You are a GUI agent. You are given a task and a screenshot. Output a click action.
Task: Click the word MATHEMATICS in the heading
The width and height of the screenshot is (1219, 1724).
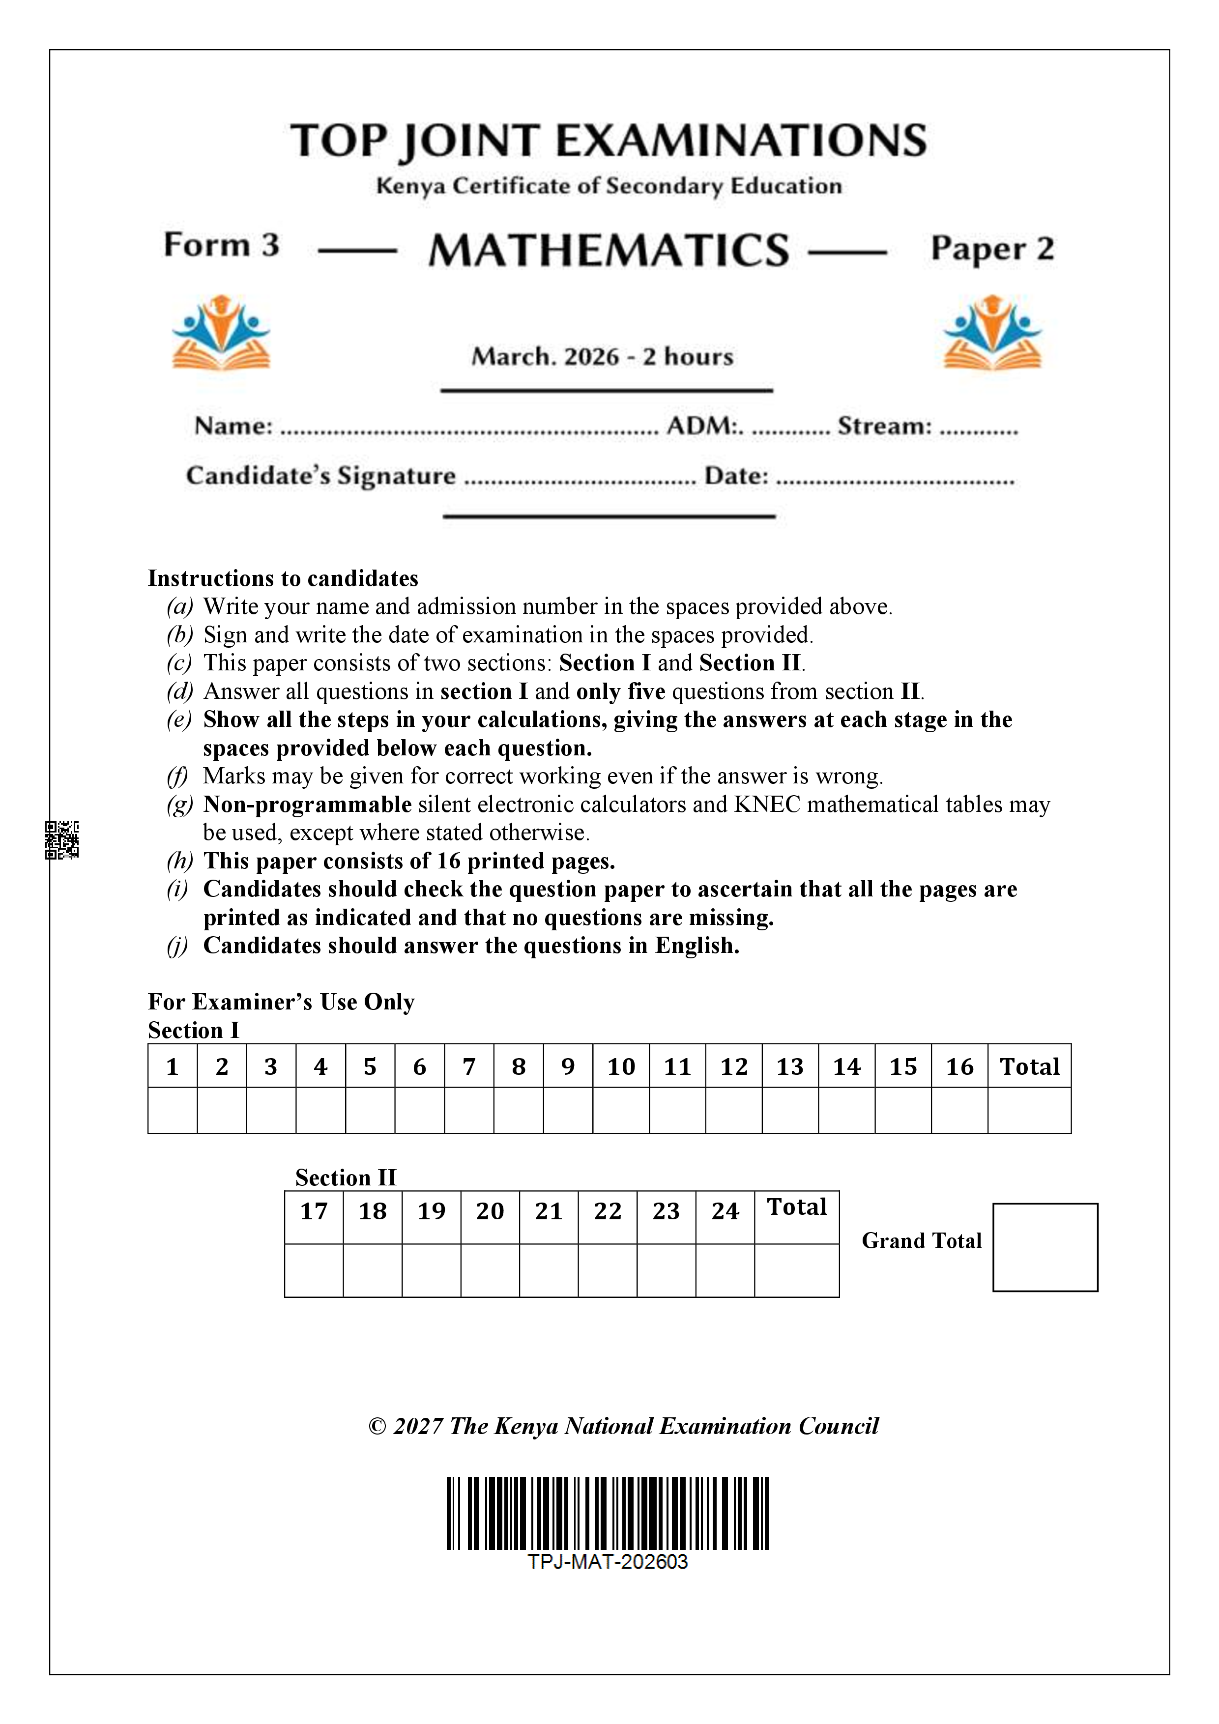tap(609, 250)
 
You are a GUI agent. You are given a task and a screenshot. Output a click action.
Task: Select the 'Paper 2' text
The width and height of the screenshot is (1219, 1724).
tap(992, 249)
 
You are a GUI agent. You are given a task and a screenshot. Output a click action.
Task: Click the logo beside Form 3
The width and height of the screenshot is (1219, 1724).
tap(221, 333)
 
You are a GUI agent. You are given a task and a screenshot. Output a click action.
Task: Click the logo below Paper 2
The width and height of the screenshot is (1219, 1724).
tap(992, 333)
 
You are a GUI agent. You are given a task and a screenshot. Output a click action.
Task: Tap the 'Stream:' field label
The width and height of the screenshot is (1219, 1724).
tap(884, 426)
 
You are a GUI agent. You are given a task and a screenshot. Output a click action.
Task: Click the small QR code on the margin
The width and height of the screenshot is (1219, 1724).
tap(61, 839)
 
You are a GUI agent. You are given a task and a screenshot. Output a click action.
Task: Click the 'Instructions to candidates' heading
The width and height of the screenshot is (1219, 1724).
tap(283, 578)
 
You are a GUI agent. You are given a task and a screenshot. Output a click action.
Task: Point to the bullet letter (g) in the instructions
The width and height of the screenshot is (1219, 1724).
tap(179, 804)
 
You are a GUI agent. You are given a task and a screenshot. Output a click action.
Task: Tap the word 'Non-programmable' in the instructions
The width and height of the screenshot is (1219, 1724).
tap(307, 804)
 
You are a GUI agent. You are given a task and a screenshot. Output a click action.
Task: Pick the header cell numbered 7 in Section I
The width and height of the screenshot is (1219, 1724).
tap(468, 1066)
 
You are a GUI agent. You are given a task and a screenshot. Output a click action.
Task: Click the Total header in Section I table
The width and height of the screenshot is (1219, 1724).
tap(1029, 1066)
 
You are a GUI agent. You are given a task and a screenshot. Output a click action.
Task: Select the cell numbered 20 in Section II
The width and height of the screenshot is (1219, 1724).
tap(490, 1210)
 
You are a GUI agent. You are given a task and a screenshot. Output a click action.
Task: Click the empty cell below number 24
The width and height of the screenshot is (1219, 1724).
tap(725, 1270)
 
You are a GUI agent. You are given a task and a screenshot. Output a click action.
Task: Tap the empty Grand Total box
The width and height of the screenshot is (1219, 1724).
tap(1045, 1247)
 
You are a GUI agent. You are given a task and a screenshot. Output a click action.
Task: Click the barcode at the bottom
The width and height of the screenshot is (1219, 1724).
tap(608, 1513)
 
